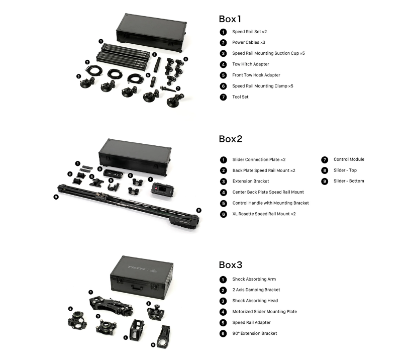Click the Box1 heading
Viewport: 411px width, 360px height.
click(x=230, y=19)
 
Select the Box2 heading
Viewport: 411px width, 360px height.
click(x=231, y=139)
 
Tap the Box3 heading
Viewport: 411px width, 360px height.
click(x=231, y=264)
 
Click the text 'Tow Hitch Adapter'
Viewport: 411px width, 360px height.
click(x=250, y=64)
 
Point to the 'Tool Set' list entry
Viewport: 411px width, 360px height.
click(x=240, y=97)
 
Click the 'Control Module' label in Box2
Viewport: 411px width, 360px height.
click(x=349, y=159)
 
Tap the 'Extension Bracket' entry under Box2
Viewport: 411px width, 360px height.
click(x=251, y=181)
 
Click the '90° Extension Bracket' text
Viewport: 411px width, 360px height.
click(x=254, y=333)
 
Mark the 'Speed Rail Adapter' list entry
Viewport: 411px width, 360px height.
click(x=251, y=322)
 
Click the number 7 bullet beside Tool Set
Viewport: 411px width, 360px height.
click(x=223, y=97)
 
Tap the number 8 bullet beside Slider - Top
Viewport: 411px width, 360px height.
click(x=325, y=170)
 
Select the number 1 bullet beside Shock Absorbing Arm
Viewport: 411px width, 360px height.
click(x=223, y=279)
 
